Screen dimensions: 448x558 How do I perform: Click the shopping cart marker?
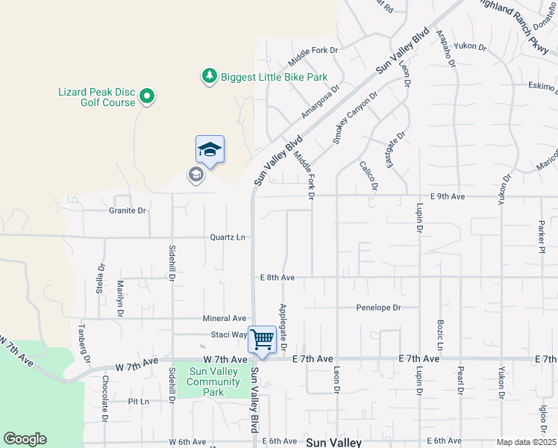pyautogui.click(x=262, y=340)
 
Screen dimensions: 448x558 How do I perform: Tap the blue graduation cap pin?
pyautogui.click(x=210, y=150)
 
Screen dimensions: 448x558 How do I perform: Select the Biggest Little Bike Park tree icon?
pyautogui.click(x=210, y=76)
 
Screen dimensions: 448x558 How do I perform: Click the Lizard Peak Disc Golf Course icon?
pyautogui.click(x=147, y=97)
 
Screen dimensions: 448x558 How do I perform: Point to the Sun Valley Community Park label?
pyautogui.click(x=214, y=382)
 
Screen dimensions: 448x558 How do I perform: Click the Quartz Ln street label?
pyautogui.click(x=228, y=237)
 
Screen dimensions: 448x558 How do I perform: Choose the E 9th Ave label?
pyautogui.click(x=448, y=196)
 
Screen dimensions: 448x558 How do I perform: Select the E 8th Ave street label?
pyautogui.click(x=278, y=277)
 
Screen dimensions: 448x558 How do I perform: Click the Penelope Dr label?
pyautogui.click(x=378, y=307)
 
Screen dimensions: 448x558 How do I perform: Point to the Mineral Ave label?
pyautogui.click(x=225, y=318)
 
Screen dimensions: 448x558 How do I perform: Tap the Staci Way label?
pyautogui.click(x=228, y=335)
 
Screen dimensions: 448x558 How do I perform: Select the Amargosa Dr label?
pyautogui.click(x=321, y=101)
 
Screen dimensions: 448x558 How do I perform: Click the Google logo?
pyautogui.click(x=25, y=439)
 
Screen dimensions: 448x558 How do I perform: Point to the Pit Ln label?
pyautogui.click(x=139, y=401)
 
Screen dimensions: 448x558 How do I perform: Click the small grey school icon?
pyautogui.click(x=195, y=175)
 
